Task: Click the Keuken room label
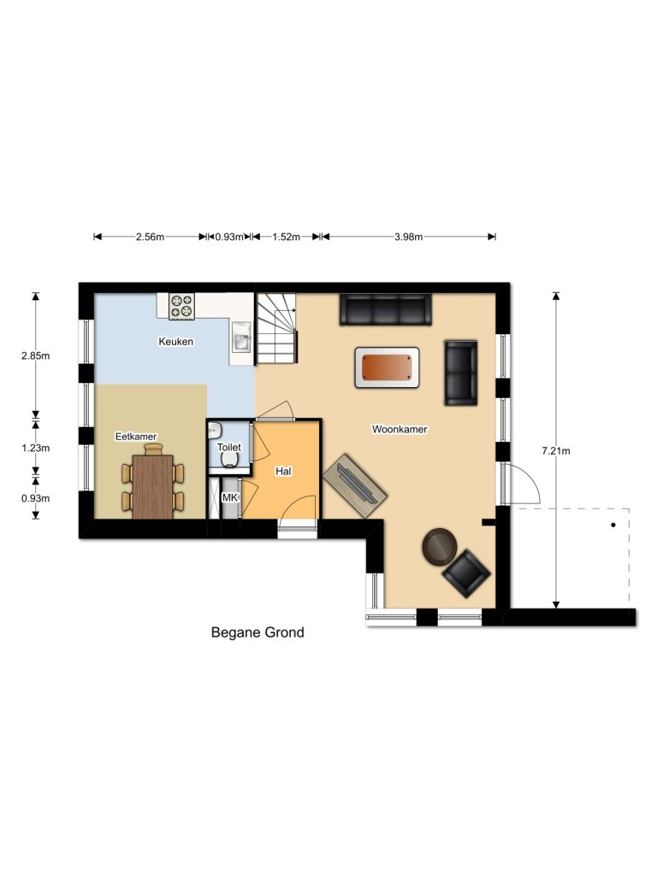click(x=176, y=342)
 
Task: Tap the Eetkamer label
click(x=136, y=437)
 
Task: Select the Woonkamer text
click(x=400, y=429)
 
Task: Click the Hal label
click(x=283, y=472)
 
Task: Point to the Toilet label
click(x=229, y=447)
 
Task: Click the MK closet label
click(x=230, y=497)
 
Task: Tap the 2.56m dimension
click(x=151, y=237)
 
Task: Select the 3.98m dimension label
click(x=408, y=237)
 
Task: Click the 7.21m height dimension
click(x=556, y=451)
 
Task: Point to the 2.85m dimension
click(x=36, y=355)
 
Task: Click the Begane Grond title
click(x=257, y=632)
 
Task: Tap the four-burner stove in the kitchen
click(x=181, y=307)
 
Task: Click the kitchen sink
click(x=242, y=337)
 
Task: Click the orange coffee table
click(x=387, y=367)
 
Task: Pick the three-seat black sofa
click(x=386, y=309)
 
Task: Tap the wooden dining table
click(x=153, y=486)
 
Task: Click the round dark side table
click(x=440, y=546)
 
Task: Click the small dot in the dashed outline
click(x=613, y=526)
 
